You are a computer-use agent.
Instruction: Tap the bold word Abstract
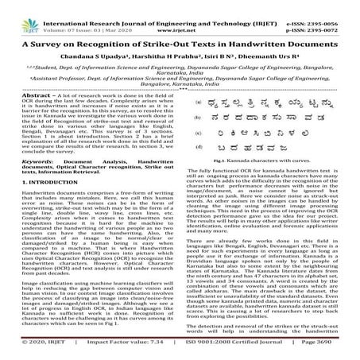point(18,116)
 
